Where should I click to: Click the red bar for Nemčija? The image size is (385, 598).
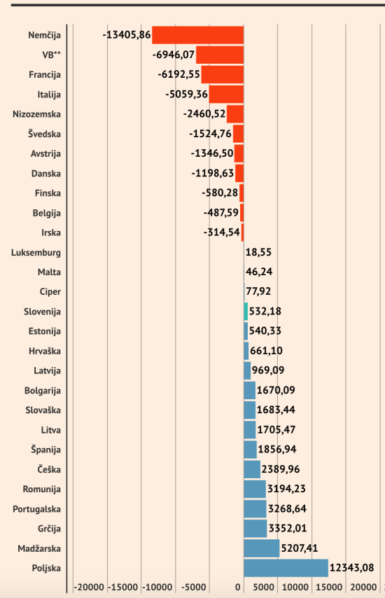pos(198,35)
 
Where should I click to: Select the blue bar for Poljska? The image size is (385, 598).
pos(286,568)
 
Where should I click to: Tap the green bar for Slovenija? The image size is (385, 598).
pos(246,311)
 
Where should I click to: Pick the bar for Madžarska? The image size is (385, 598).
pos(262,548)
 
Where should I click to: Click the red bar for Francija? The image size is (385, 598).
pos(223,74)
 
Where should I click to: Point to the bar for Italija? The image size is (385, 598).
pos(226,94)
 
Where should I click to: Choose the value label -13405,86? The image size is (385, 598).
pos(126,34)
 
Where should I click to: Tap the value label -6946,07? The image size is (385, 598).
pos(173,54)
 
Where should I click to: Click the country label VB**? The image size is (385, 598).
pos(50,55)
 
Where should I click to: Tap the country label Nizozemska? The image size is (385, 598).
pos(37,114)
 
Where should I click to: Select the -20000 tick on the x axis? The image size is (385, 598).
pos(89,587)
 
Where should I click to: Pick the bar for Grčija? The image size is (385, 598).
pos(255,529)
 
